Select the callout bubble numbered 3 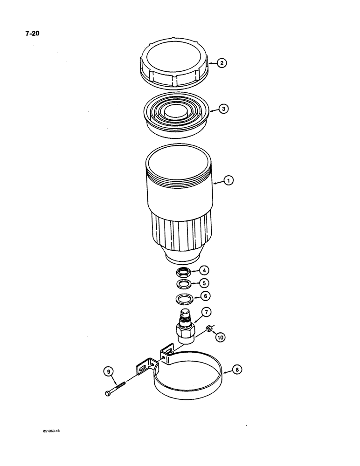[224, 109]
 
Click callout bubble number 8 [237, 370]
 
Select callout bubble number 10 [220, 336]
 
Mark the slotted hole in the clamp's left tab [141, 369]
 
